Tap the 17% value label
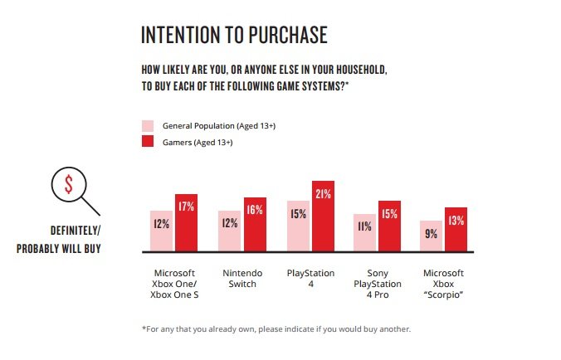tap(186, 207)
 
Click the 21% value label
tap(323, 194)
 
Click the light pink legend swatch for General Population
tap(148, 126)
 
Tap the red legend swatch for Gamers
tap(148, 142)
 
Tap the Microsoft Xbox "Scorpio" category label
tap(444, 284)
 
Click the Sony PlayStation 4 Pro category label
tap(376, 284)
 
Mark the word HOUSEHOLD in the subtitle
tap(352, 70)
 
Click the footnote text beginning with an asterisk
tap(276, 329)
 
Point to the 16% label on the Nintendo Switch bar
tap(255, 210)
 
